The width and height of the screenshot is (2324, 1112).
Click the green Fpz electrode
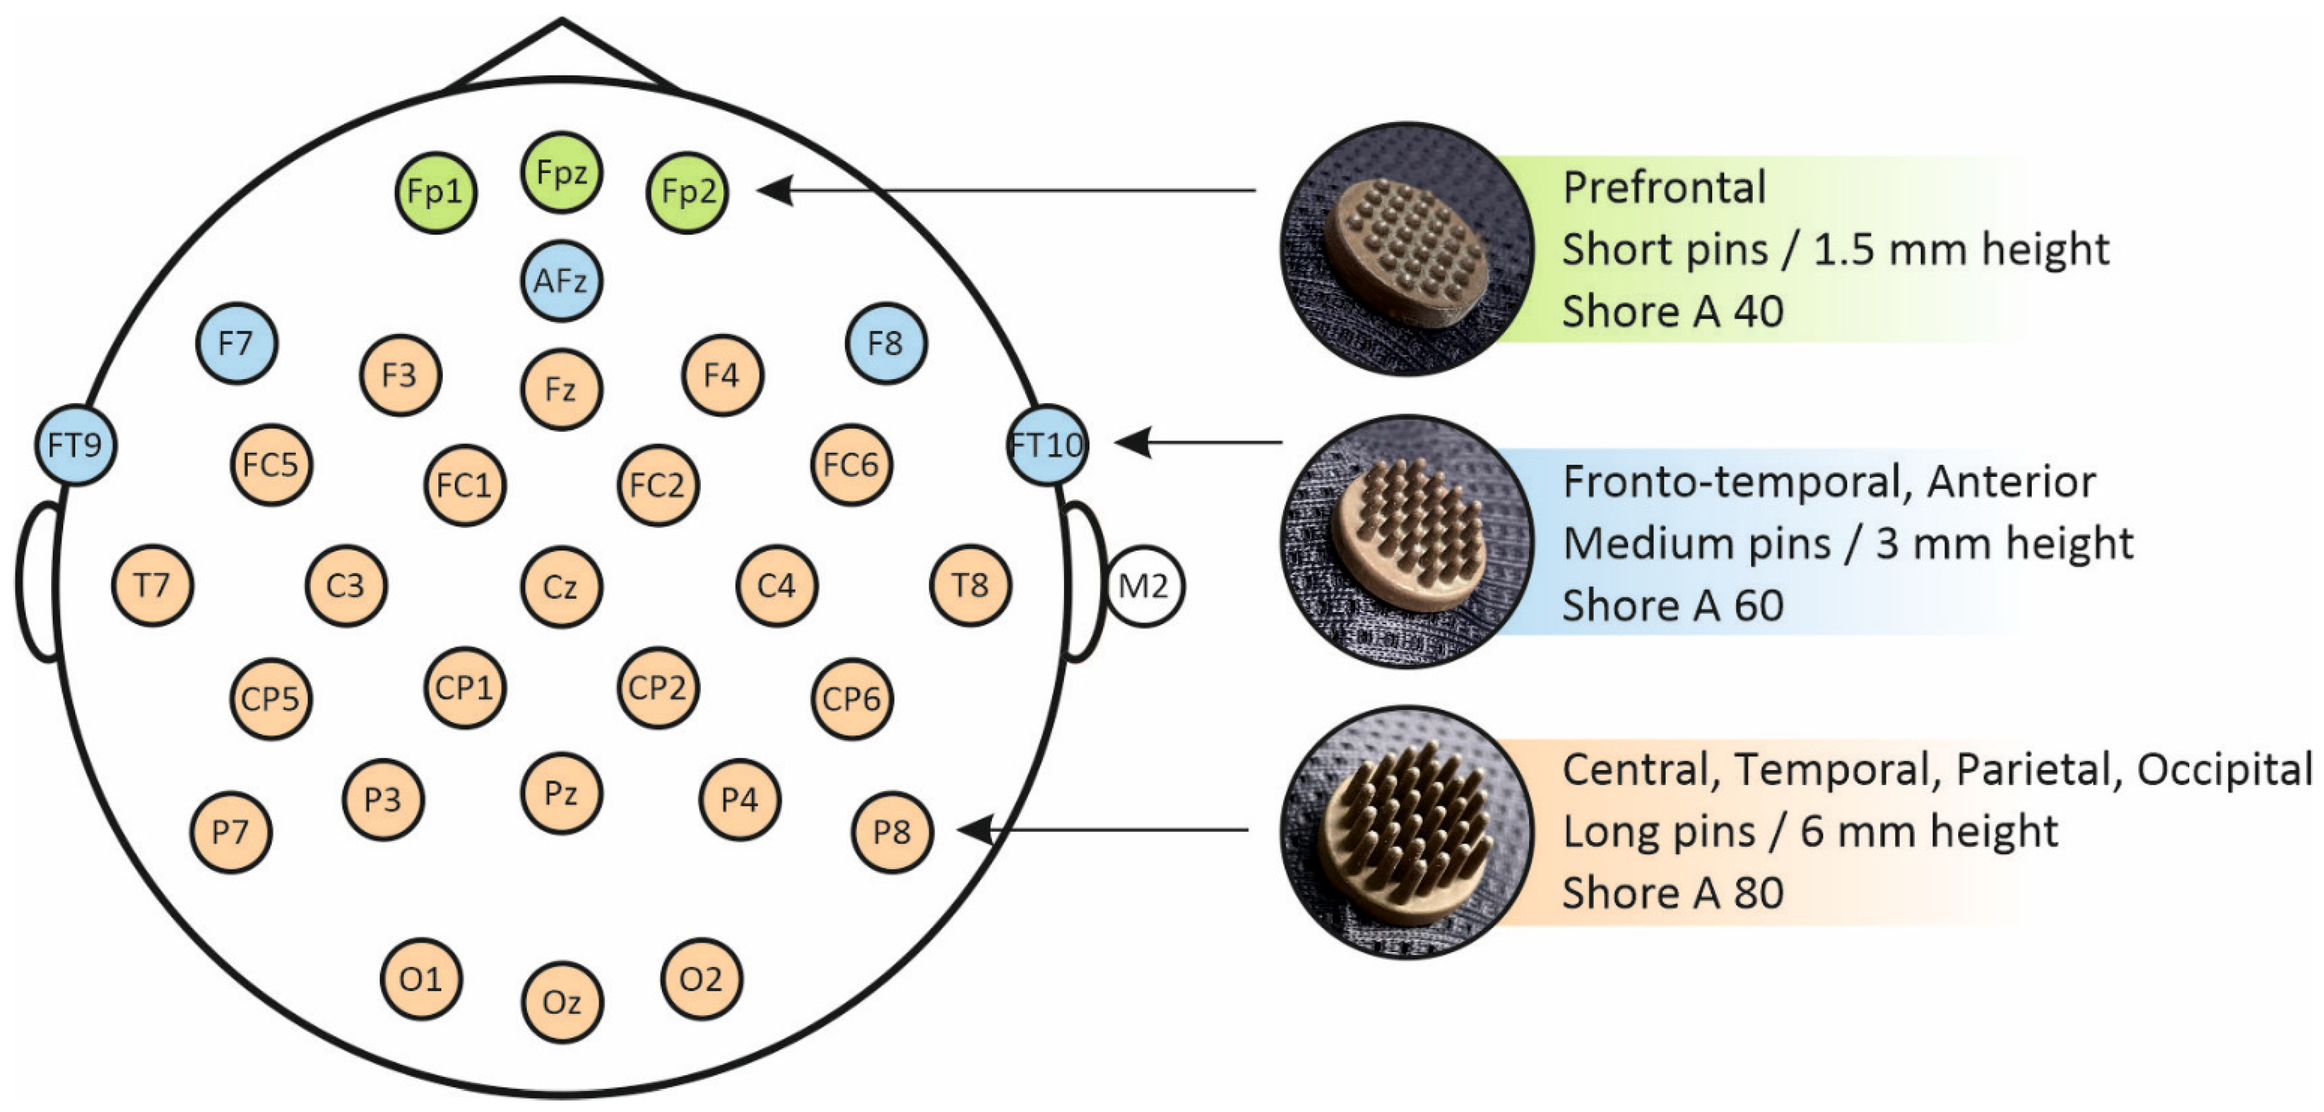561,173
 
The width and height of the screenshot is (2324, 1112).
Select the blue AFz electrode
561,281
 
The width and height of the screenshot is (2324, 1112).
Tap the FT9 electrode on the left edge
76,445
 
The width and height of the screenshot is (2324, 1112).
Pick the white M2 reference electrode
1144,587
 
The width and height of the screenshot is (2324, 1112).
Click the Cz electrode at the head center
561,587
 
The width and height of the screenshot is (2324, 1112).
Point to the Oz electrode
561,1002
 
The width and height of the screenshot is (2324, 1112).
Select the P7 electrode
230,831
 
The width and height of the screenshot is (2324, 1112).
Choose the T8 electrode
970,586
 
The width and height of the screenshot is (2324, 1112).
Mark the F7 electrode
236,343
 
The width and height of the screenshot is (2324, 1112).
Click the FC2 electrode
657,485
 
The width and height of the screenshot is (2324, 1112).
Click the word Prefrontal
1664,188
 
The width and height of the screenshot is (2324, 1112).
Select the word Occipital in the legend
2224,770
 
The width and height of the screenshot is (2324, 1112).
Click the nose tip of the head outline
561,20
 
